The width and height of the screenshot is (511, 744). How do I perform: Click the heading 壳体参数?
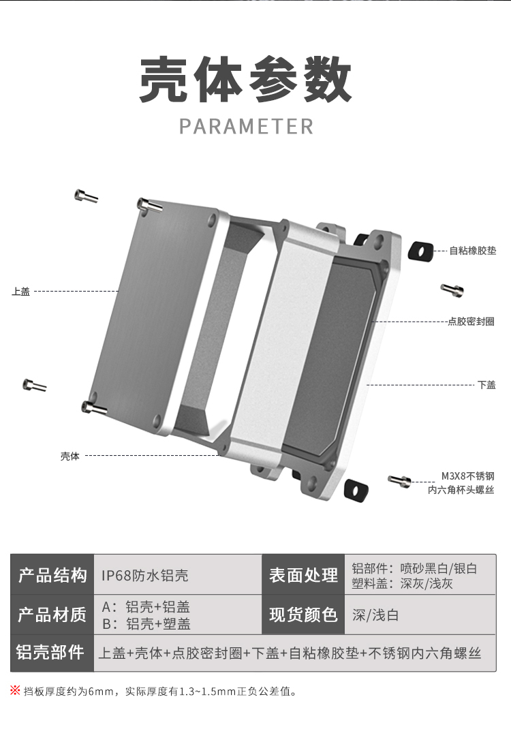[246, 80]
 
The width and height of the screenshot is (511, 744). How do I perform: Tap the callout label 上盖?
[21, 292]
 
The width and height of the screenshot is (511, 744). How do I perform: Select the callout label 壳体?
[69, 456]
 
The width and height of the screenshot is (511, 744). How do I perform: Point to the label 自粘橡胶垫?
[472, 251]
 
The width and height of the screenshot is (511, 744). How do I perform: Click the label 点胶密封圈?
[471, 322]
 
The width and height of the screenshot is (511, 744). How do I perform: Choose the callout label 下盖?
[486, 385]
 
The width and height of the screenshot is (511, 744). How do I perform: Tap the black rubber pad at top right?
[420, 251]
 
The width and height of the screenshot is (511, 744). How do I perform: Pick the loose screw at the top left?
[86, 196]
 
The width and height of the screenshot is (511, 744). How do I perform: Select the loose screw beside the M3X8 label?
[401, 481]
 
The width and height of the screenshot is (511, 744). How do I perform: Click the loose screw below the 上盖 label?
[34, 385]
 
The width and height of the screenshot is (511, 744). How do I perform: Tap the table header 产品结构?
[52, 575]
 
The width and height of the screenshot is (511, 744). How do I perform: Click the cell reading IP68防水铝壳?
[145, 576]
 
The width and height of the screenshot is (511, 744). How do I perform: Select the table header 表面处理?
[303, 575]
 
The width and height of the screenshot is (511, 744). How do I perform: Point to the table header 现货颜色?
[303, 615]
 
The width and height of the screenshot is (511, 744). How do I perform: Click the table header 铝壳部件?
[52, 653]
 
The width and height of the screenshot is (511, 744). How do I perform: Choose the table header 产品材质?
[52, 615]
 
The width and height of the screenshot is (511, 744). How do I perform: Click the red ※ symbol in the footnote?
[16, 691]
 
